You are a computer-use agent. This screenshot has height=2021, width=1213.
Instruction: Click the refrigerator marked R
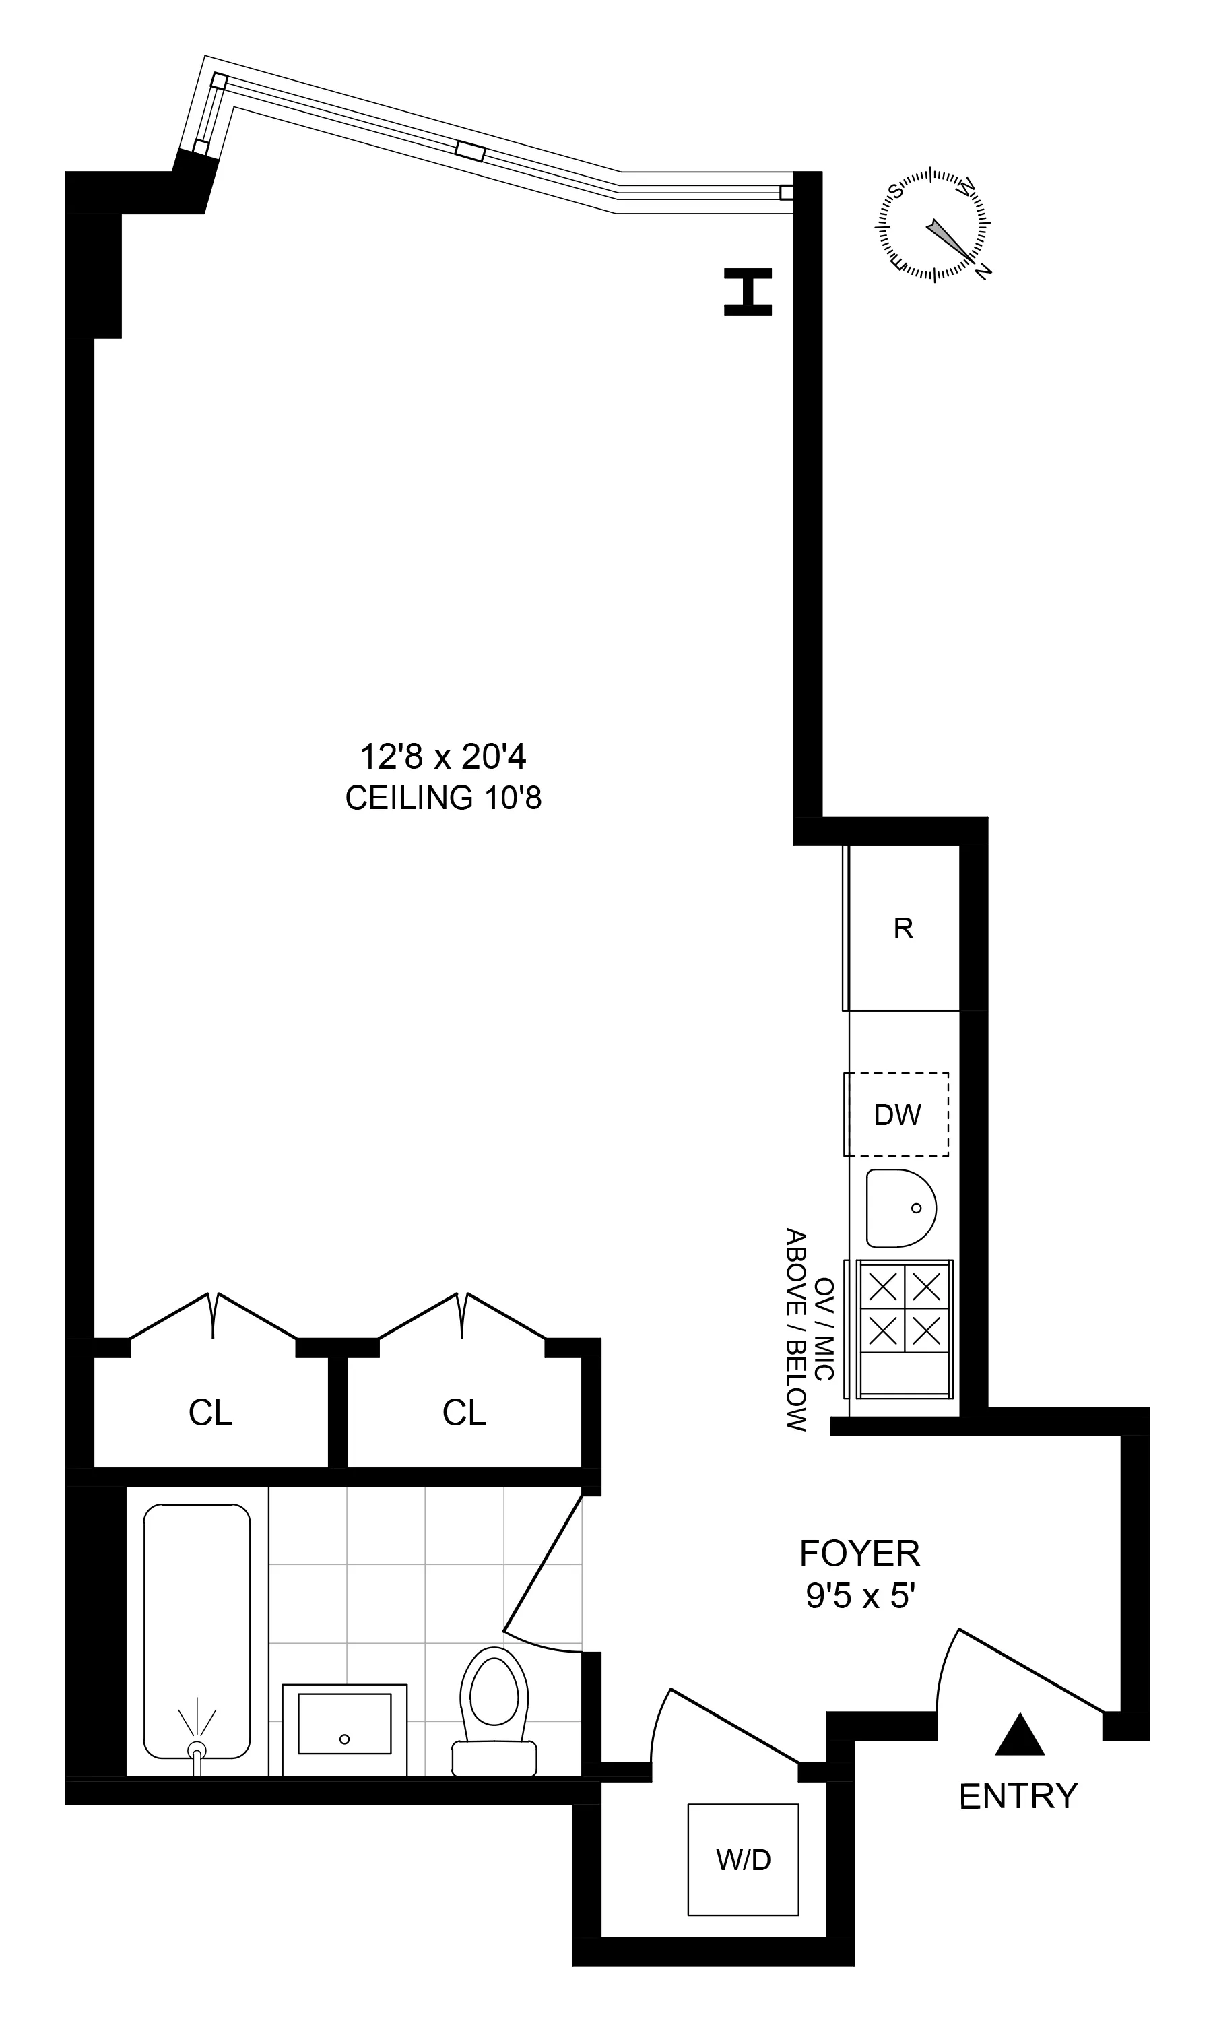903,929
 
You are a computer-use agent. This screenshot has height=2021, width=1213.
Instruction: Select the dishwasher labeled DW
896,1115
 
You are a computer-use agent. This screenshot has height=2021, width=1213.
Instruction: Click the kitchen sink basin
900,1209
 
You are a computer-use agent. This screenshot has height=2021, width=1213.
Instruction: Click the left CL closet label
210,1413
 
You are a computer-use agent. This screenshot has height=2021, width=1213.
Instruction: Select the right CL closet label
464,1413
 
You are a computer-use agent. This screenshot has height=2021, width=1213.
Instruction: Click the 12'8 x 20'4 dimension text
443,757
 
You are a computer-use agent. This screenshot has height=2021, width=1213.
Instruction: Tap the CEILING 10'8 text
443,798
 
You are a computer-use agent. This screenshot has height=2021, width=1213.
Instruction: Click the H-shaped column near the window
747,292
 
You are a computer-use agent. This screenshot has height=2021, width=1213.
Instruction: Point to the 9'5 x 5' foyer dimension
859,1596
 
